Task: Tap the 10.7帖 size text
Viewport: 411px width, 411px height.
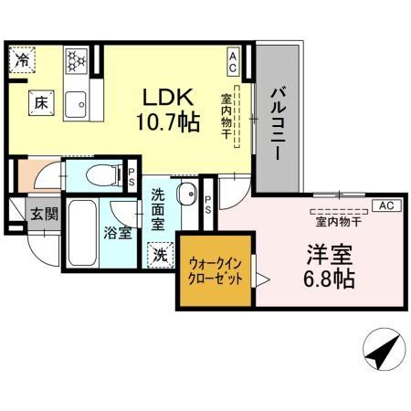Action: tap(169, 121)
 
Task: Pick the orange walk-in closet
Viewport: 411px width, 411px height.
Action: tap(216, 271)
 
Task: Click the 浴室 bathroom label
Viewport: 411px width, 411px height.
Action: tap(117, 232)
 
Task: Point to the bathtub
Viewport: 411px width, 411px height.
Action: tap(79, 235)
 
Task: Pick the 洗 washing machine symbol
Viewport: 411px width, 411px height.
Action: tap(160, 255)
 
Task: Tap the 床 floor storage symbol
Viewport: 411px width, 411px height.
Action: tap(40, 102)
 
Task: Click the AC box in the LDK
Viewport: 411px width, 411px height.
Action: tap(233, 63)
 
